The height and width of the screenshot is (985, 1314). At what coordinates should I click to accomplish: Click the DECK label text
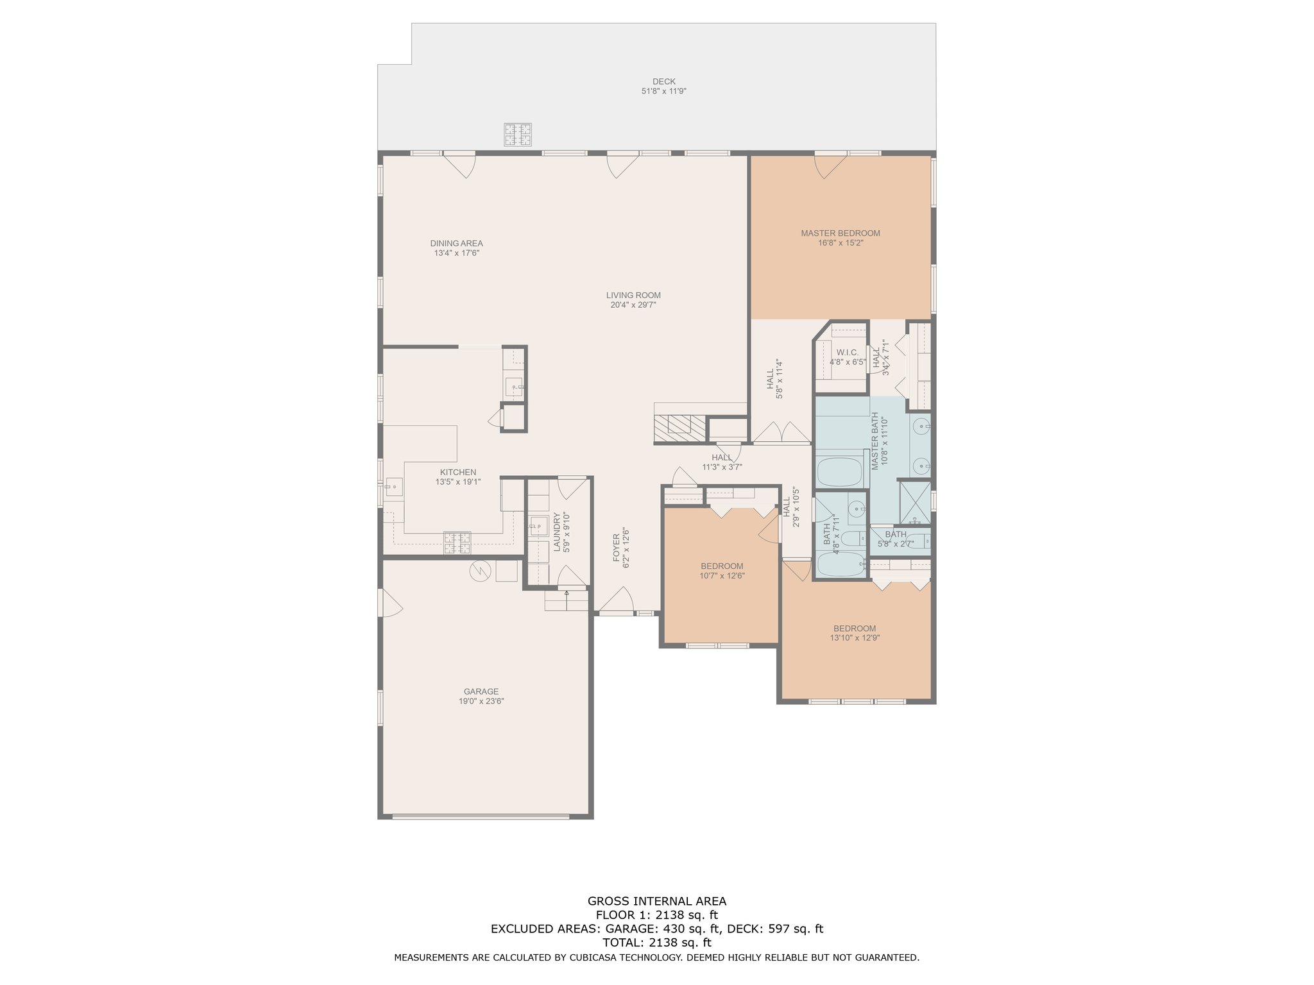pos(664,81)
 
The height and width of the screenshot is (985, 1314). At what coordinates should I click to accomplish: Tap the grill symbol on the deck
pos(518,134)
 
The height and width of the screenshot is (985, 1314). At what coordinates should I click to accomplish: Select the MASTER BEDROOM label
pos(840,233)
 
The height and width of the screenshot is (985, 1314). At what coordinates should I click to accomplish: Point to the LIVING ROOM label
pos(633,296)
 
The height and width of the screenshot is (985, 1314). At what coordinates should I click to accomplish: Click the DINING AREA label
pos(457,244)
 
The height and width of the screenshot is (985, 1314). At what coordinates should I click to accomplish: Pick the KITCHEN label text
pos(458,473)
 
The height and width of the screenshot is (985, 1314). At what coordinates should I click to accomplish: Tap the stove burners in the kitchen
pos(457,543)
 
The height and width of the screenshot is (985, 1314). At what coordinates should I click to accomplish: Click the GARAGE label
pos(481,692)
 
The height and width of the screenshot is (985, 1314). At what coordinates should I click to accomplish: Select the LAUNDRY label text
pos(557,532)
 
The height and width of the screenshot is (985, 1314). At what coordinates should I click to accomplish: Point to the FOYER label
pos(617,548)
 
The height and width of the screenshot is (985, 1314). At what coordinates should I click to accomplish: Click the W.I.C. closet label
pos(848,353)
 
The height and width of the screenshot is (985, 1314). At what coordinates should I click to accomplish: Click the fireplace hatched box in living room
pos(680,428)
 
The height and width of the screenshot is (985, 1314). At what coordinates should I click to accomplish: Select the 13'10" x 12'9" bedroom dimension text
pos(855,638)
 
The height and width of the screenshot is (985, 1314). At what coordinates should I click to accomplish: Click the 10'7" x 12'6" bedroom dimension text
pos(722,576)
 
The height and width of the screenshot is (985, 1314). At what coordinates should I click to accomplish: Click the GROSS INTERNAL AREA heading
pos(657,901)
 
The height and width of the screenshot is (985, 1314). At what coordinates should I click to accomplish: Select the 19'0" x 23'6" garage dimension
pos(481,702)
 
